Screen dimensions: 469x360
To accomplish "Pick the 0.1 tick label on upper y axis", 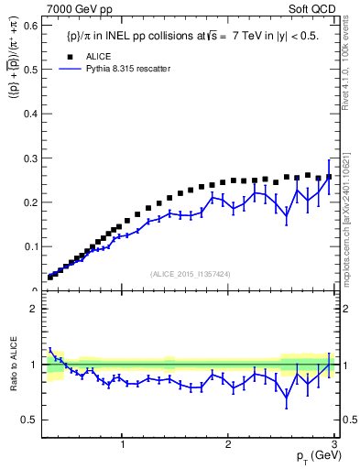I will (31, 246).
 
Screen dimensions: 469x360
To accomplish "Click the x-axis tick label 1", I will (123, 444).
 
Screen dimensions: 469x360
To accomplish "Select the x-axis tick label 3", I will (334, 444).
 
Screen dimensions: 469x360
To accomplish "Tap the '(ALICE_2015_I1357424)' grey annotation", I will (191, 274).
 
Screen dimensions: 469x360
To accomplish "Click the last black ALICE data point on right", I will (329, 177).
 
